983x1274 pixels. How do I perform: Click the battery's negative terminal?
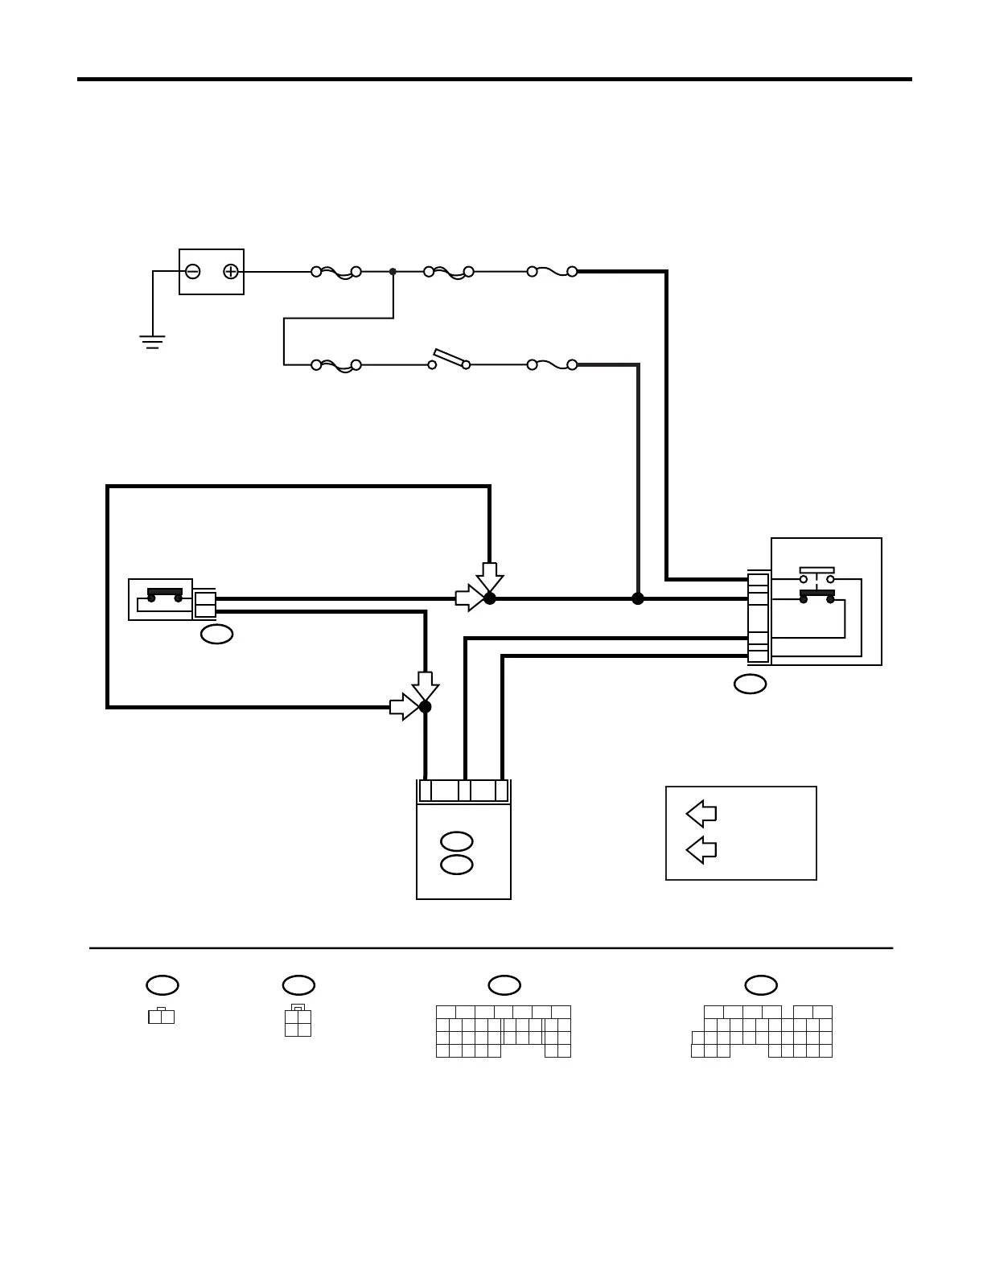193,272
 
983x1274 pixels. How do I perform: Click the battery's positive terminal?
231,272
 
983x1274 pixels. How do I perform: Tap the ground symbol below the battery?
153,341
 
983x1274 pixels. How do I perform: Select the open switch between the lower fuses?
450,360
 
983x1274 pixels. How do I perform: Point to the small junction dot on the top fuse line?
393,272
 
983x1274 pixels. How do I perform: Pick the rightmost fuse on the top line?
552,272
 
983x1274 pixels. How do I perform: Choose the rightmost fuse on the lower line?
552,364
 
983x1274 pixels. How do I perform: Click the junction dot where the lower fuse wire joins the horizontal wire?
638,598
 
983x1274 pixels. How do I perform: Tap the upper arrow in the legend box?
701,813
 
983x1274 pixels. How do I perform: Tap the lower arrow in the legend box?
701,849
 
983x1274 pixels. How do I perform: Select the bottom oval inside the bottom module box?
457,865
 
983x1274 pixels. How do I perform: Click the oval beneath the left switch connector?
216,634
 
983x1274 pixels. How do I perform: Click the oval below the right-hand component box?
750,684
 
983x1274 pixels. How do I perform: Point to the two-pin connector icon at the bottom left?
162,1016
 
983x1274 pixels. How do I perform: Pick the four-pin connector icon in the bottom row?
298,1021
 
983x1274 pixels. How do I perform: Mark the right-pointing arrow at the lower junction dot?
403,707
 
